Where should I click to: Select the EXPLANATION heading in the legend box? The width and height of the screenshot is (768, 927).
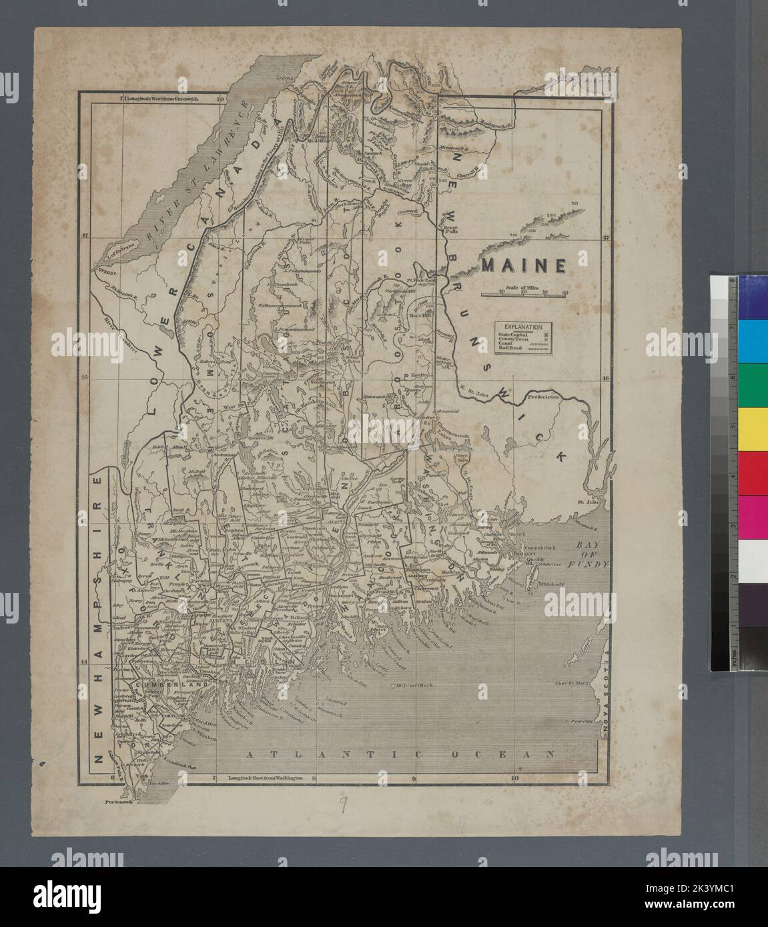[x=524, y=327]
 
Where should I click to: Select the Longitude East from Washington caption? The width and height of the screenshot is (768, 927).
[x=265, y=778]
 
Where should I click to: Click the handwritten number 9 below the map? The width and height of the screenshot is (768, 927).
[x=342, y=806]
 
